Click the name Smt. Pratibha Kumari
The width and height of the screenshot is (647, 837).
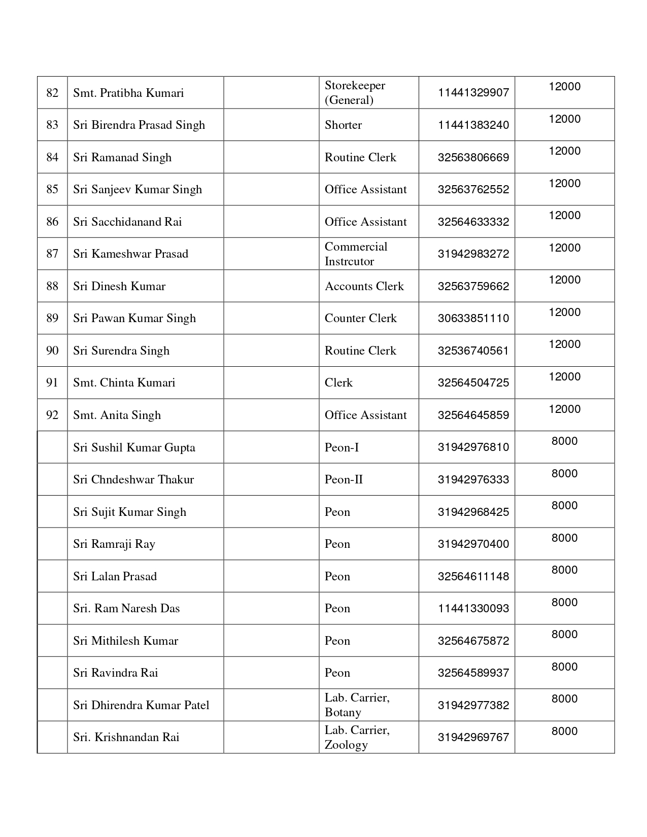point(128,93)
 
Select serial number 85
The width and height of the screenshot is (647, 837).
point(52,189)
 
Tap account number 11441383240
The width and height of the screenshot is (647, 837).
point(473,125)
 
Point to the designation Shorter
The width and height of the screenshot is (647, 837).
point(343,125)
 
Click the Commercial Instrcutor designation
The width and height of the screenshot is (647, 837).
point(356,254)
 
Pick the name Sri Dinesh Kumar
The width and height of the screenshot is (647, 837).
point(119,286)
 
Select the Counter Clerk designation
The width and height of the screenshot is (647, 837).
point(360,318)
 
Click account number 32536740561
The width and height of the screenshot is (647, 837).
point(473,351)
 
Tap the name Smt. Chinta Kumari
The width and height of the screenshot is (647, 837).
point(124,382)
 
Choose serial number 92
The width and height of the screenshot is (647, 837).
point(52,415)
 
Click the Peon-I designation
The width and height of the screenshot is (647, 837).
point(342,447)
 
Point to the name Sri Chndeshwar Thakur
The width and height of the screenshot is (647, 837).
point(133,479)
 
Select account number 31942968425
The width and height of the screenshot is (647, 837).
point(473,512)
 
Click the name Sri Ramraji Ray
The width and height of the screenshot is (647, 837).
point(114,544)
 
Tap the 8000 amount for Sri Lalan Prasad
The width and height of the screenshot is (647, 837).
point(564,570)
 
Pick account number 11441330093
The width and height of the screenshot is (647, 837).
point(473,608)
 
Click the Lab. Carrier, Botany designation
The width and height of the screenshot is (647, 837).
point(357,705)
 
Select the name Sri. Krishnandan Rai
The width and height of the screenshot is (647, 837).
point(126,737)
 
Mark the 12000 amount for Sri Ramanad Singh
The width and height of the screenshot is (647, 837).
point(564,151)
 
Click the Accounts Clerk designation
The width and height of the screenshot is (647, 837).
point(364,286)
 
